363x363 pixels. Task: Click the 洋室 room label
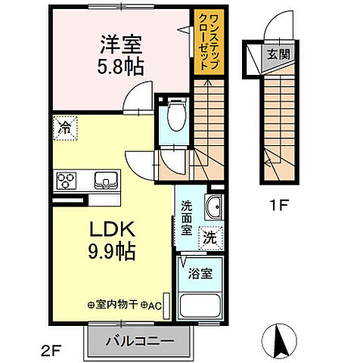point(119,43)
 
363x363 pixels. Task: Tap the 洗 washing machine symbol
point(211,237)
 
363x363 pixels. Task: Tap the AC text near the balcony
point(155,306)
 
